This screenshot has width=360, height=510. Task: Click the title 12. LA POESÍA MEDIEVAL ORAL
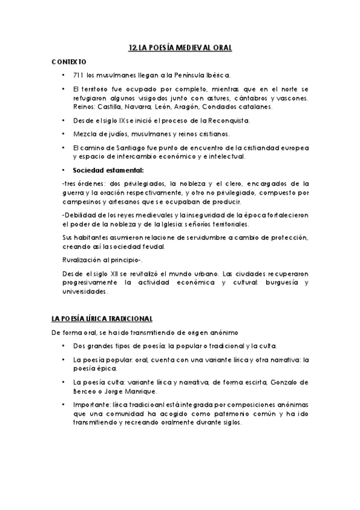[x=180, y=46]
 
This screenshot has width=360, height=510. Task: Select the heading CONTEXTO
[x=69, y=62]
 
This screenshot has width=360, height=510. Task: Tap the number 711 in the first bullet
[x=78, y=76]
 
